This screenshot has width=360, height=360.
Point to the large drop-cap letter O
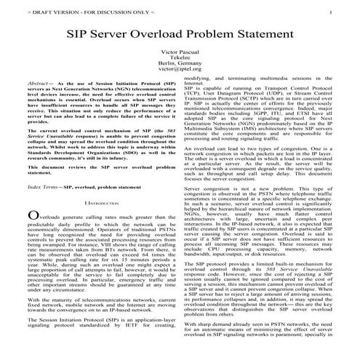(31, 217)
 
